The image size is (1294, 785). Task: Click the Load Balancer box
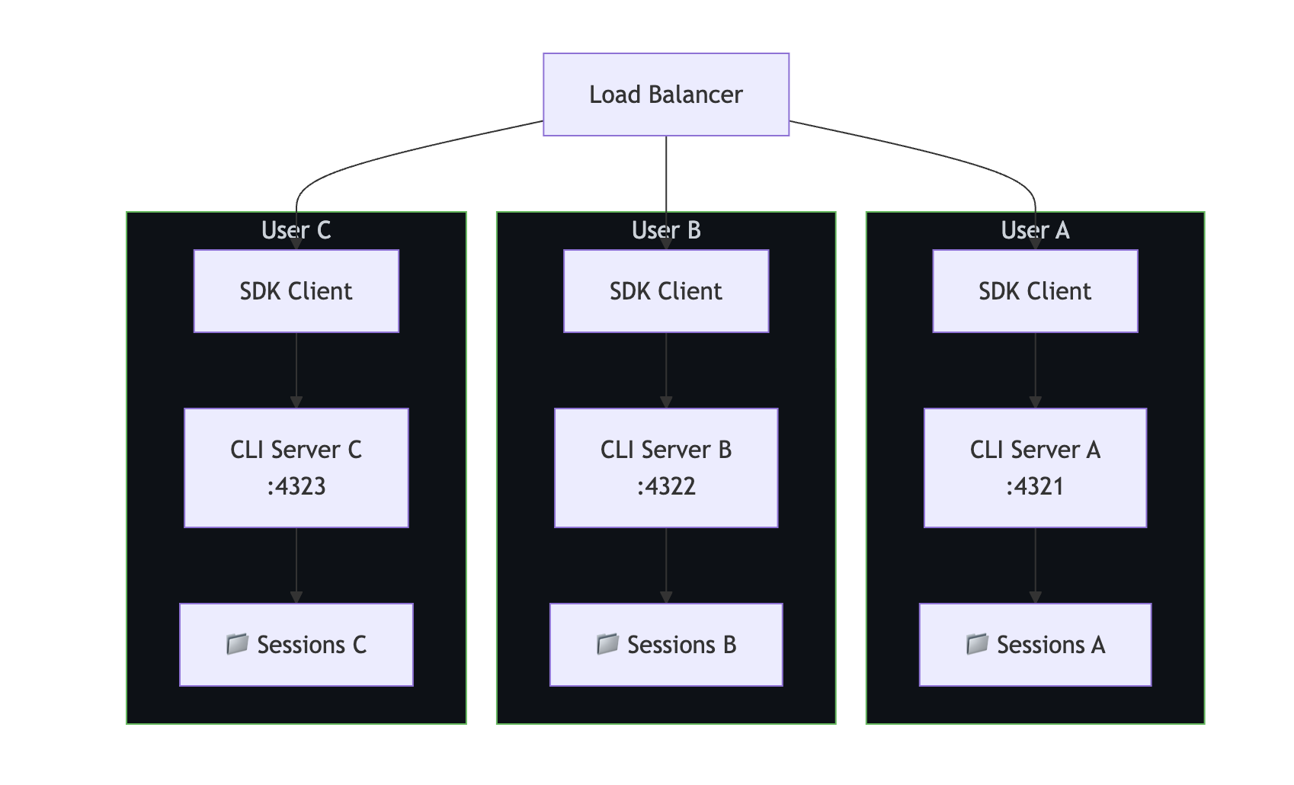pyautogui.click(x=665, y=95)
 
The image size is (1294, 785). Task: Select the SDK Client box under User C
pyautogui.click(x=296, y=291)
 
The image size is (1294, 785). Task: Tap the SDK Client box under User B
pyautogui.click(x=665, y=291)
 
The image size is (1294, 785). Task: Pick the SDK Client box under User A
pyautogui.click(x=1035, y=291)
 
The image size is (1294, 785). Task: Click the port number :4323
pyautogui.click(x=296, y=486)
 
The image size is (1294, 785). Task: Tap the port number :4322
pyautogui.click(x=665, y=486)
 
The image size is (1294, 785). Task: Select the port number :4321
pyautogui.click(x=1035, y=486)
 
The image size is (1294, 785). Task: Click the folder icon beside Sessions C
pyautogui.click(x=237, y=644)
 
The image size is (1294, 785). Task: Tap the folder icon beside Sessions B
pyautogui.click(x=607, y=644)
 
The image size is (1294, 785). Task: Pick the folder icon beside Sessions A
pyautogui.click(x=976, y=644)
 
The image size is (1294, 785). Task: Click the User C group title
pyautogui.click(x=296, y=230)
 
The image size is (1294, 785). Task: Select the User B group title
pyautogui.click(x=665, y=230)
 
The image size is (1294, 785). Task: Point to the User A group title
pyautogui.click(x=1035, y=230)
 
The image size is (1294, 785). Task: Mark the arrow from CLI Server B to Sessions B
pyautogui.click(x=665, y=566)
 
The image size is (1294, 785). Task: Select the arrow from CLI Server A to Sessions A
pyautogui.click(x=1035, y=566)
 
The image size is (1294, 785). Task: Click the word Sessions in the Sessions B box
pyautogui.click(x=671, y=645)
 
